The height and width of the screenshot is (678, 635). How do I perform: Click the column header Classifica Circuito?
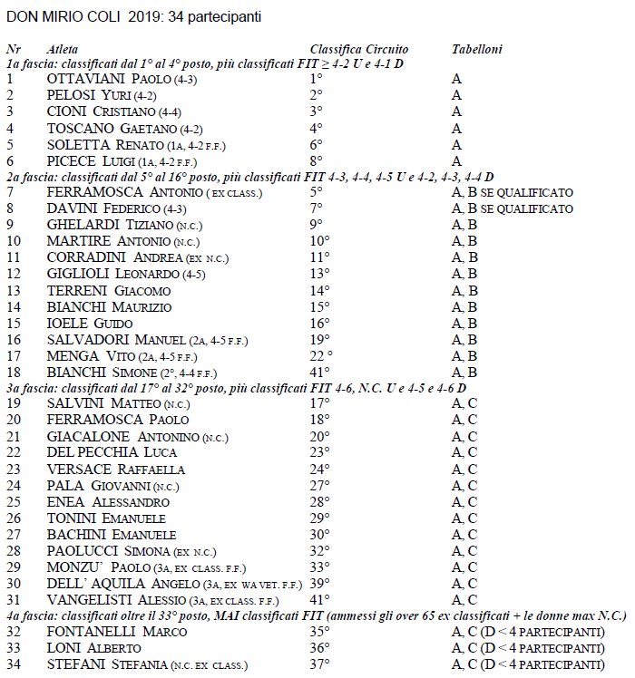coord(358,50)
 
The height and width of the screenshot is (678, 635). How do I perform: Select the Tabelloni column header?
coord(476,50)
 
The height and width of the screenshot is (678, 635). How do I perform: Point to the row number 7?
coord(10,192)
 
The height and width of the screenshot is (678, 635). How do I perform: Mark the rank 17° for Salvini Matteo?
coord(318,403)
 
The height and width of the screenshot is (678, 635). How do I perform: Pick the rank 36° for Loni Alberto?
coord(318,648)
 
